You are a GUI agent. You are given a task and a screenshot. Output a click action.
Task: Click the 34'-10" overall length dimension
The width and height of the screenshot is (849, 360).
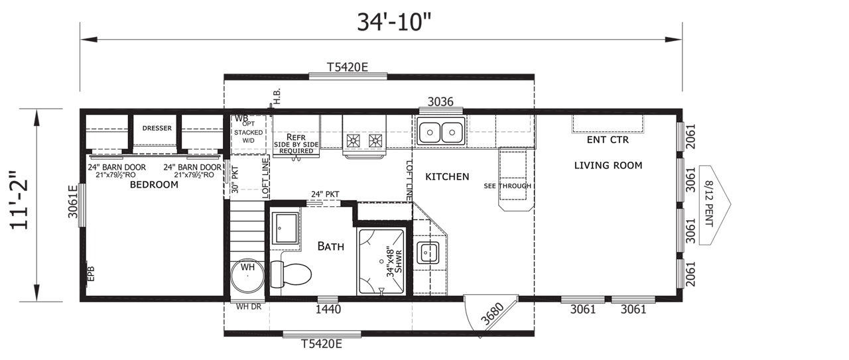pos(394,22)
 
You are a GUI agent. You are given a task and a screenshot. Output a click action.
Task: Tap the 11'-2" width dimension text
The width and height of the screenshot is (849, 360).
pos(19,200)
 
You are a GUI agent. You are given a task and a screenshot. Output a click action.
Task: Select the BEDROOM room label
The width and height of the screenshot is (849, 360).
pos(154,184)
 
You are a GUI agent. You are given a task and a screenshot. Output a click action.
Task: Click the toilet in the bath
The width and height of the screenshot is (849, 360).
pos(291,274)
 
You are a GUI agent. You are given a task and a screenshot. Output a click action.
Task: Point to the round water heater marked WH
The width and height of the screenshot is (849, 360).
pos(247,276)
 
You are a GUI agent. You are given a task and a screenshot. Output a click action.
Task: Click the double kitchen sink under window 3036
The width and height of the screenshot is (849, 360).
pos(441,132)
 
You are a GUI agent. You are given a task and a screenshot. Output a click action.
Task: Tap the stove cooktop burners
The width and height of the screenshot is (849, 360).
pos(364,141)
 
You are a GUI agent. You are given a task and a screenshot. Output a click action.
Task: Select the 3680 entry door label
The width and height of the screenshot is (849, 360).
pos(492,314)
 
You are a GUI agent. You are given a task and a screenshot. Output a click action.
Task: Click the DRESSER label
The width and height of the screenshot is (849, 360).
pos(157,128)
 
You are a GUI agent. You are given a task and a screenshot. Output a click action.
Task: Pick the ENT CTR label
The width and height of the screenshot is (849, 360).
pos(608,140)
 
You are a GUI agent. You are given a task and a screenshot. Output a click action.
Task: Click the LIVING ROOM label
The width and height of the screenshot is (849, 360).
pos(608,165)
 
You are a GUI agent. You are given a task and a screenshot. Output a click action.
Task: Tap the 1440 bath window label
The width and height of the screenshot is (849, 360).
pos(328,309)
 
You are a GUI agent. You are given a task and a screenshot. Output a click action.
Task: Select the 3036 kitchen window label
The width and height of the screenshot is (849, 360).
pos(440,101)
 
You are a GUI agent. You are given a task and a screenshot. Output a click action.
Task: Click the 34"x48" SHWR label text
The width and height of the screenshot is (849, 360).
pos(394,263)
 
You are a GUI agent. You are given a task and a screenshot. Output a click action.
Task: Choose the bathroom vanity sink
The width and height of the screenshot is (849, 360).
pos(286,228)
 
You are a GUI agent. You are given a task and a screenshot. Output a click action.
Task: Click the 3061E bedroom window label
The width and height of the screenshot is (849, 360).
pos(73,202)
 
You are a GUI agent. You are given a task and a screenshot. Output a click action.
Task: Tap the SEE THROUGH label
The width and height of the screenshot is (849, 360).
pos(507,186)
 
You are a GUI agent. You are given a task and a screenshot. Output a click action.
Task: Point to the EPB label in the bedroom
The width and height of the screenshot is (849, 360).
pos(91,274)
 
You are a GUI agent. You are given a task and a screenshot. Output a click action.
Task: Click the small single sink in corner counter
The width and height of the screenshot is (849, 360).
pos(428,253)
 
